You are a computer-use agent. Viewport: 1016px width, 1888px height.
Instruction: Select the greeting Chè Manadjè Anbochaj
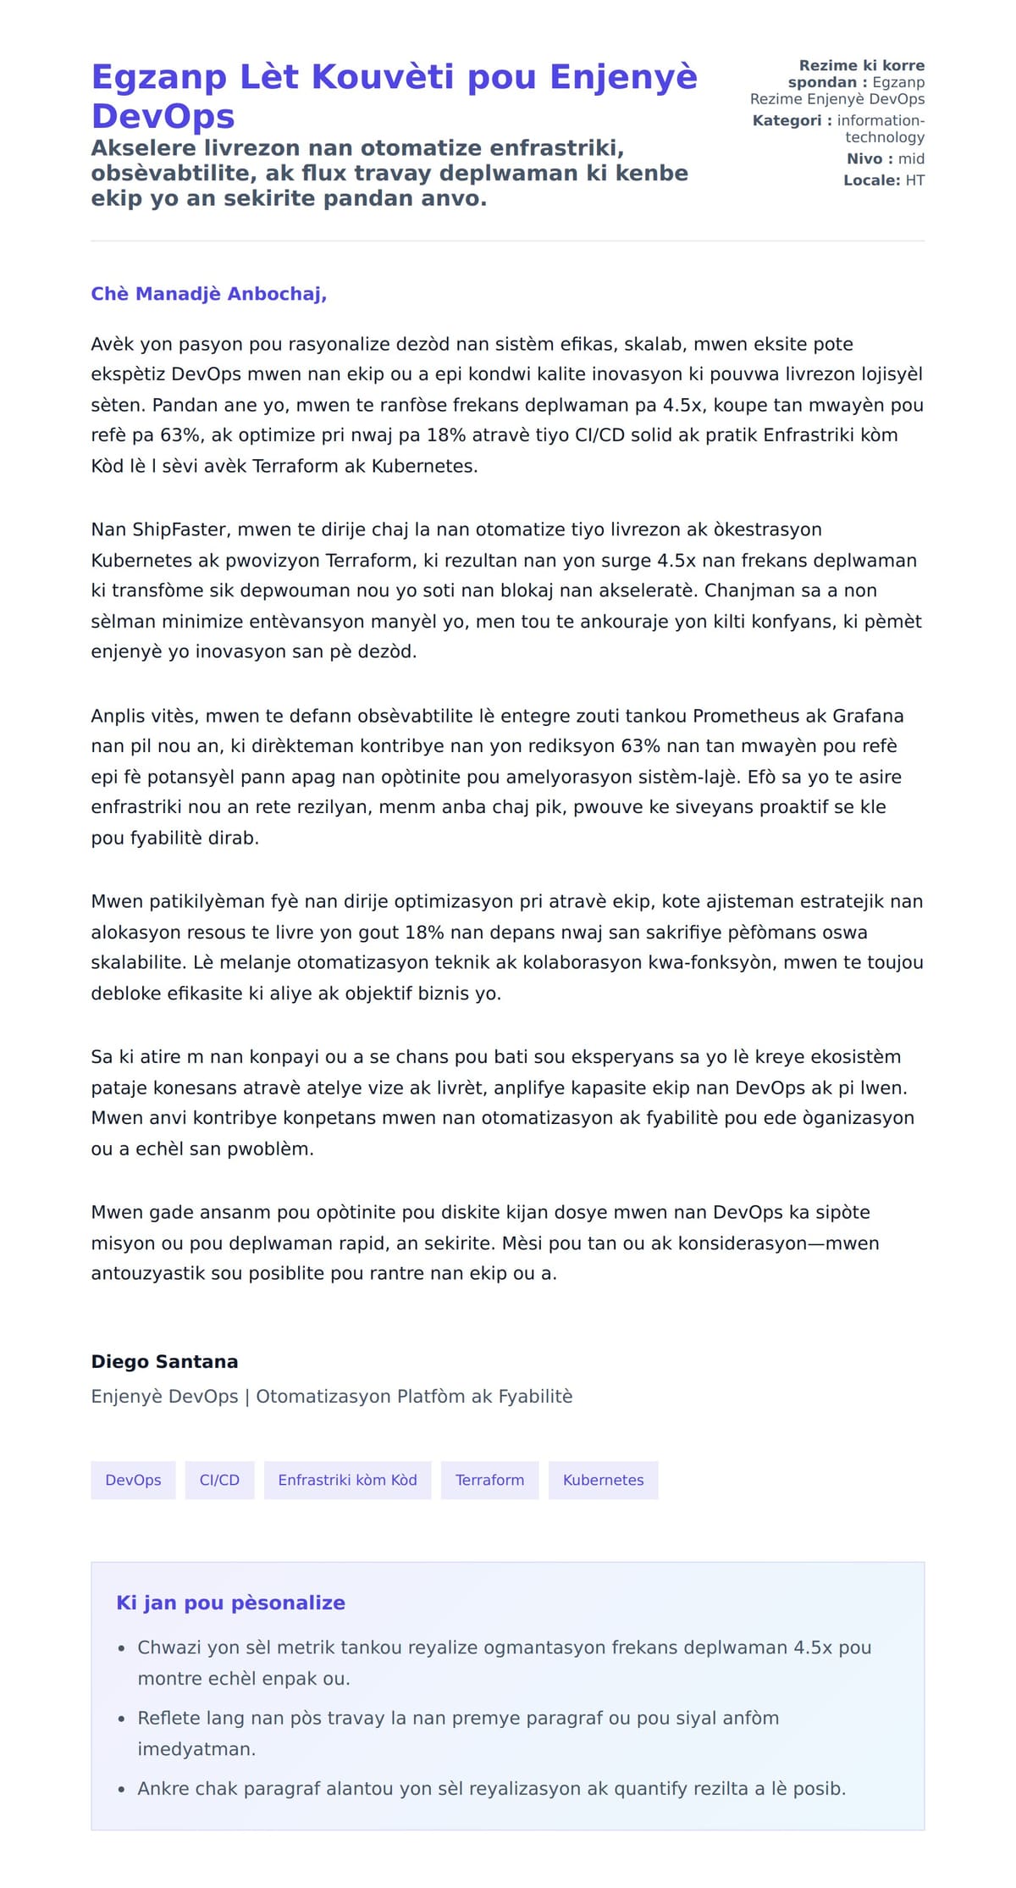(208, 294)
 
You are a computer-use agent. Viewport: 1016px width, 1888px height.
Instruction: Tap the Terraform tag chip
(489, 1480)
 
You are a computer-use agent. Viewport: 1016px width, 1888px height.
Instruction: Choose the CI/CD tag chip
(219, 1480)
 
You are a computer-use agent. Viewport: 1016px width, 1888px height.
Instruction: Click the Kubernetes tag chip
(603, 1480)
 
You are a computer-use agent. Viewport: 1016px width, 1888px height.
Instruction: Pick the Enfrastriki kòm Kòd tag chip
(347, 1480)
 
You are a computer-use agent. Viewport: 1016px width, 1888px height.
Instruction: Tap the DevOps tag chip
(133, 1480)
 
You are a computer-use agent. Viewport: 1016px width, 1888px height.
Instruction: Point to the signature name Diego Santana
(164, 1361)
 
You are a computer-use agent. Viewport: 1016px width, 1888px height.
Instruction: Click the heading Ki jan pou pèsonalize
(230, 1603)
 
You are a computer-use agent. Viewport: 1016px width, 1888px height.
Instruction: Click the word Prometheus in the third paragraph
(746, 716)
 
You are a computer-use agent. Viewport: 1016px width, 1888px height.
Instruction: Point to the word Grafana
(868, 716)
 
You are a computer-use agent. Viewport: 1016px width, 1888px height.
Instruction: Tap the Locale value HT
(914, 180)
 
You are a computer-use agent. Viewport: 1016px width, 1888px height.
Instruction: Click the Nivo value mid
(911, 159)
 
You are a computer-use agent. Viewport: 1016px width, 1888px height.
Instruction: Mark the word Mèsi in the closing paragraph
(522, 1243)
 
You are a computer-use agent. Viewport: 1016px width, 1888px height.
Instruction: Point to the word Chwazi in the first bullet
(169, 1647)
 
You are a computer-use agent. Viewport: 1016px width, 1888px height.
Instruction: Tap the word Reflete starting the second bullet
(171, 1718)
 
